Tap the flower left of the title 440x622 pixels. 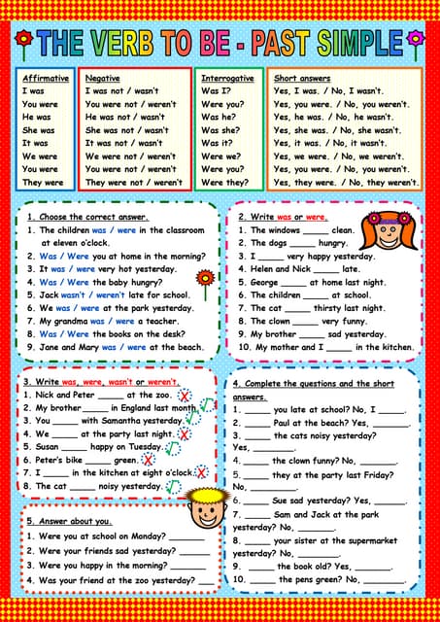click(24, 40)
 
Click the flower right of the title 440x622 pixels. click(416, 40)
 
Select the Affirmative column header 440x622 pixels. click(45, 78)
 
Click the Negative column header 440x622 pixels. click(104, 78)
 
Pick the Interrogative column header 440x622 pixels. click(227, 78)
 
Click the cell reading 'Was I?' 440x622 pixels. click(216, 90)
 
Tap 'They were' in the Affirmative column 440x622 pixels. click(43, 182)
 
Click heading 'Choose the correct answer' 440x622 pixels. click(93, 217)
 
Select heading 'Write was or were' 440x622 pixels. click(288, 217)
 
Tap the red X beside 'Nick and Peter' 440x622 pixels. click(183, 397)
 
